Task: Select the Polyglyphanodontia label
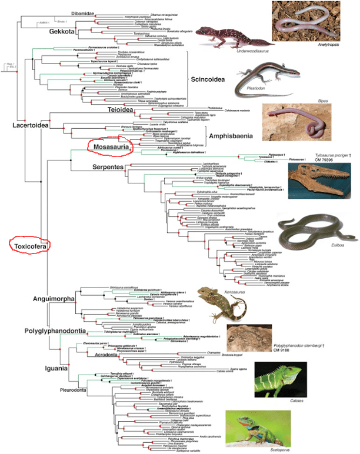(x=57, y=331)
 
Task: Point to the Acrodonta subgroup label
(x=102, y=355)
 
